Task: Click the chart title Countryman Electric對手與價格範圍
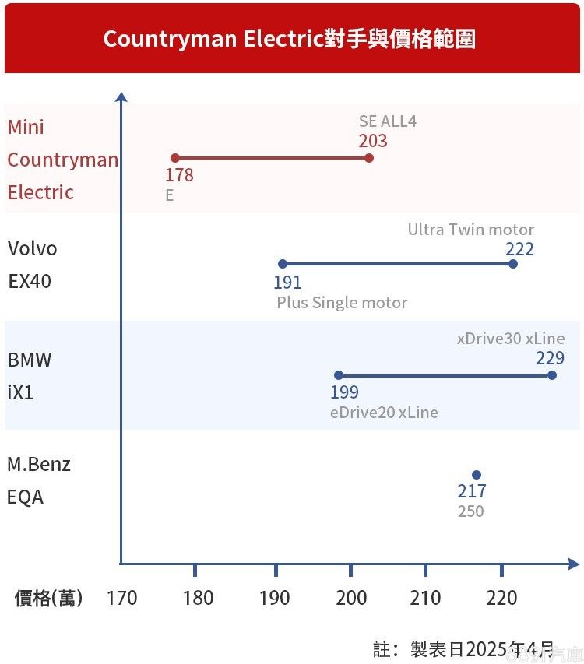pyautogui.click(x=290, y=39)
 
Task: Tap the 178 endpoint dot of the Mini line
pyautogui.click(x=175, y=158)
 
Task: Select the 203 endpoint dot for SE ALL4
pyautogui.click(x=369, y=158)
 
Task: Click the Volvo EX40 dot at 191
pyautogui.click(x=283, y=264)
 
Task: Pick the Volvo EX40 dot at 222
pyautogui.click(x=512, y=264)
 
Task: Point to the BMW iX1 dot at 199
pyautogui.click(x=339, y=375)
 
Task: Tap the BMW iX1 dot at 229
pyautogui.click(x=552, y=375)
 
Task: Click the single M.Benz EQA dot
pyautogui.click(x=477, y=475)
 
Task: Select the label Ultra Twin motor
pyautogui.click(x=471, y=230)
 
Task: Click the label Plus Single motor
pyautogui.click(x=342, y=303)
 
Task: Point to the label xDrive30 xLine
pyautogui.click(x=510, y=339)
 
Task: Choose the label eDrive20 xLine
pyautogui.click(x=384, y=413)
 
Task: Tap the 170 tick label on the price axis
pyautogui.click(x=121, y=598)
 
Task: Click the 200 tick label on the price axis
pyautogui.click(x=350, y=598)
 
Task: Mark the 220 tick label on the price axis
pyautogui.click(x=501, y=598)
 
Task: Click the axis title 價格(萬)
pyautogui.click(x=48, y=598)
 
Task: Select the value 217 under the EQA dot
pyautogui.click(x=472, y=492)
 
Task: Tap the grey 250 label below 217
pyautogui.click(x=471, y=511)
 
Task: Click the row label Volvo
pyautogui.click(x=33, y=249)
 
